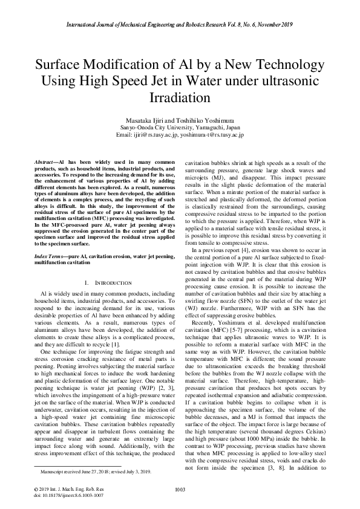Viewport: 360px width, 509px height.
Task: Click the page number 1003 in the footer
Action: [180, 488]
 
